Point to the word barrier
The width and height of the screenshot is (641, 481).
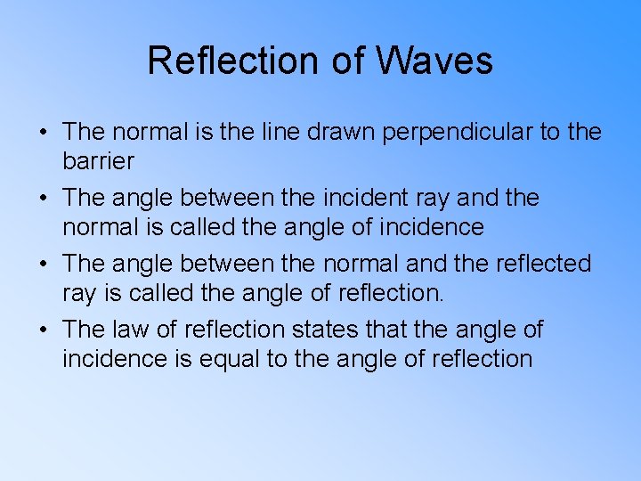[98, 161]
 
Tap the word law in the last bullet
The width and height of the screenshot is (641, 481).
[131, 330]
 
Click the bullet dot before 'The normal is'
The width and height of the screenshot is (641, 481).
[43, 133]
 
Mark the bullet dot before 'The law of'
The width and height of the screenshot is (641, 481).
[43, 330]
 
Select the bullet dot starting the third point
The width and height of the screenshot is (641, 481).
[43, 265]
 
